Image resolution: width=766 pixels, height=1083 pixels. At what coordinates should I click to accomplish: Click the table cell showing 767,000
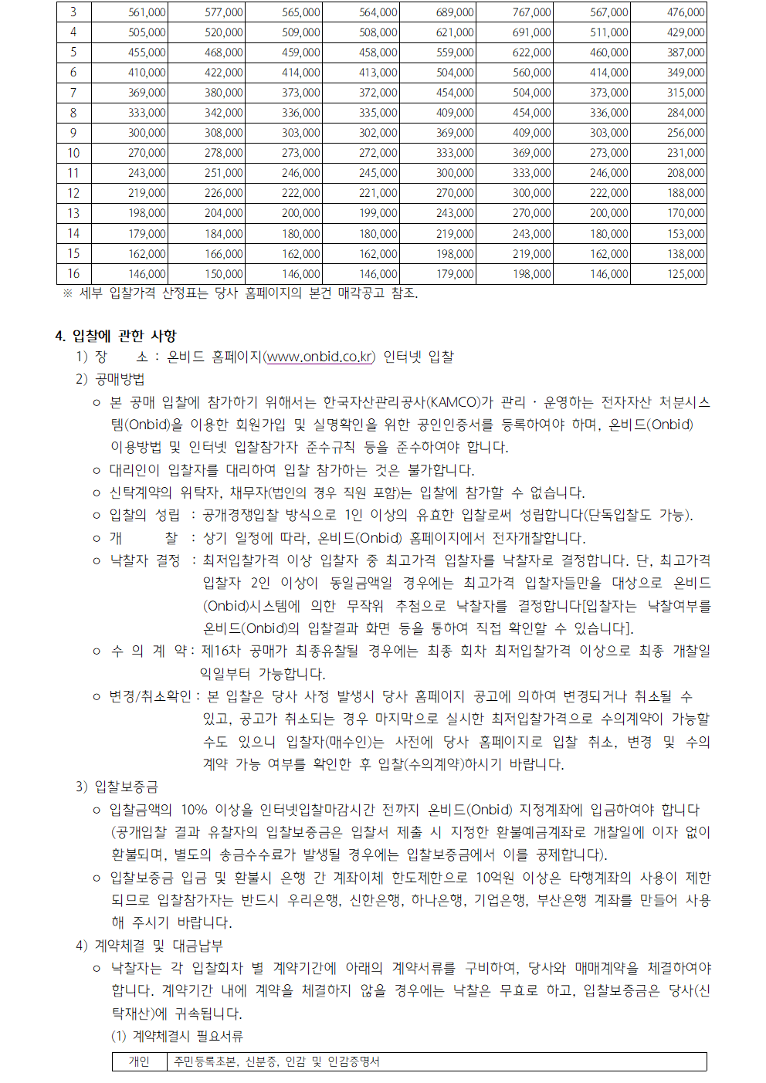tap(531, 12)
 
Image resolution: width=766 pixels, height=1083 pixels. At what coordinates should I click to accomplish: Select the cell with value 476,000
tap(686, 12)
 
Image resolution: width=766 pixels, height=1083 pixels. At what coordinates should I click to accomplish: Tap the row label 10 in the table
tap(73, 153)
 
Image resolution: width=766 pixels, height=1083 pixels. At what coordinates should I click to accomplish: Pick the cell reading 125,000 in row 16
tap(686, 274)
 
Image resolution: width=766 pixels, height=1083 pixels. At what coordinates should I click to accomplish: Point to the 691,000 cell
tap(531, 32)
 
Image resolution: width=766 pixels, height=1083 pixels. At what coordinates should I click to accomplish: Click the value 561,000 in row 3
tap(147, 12)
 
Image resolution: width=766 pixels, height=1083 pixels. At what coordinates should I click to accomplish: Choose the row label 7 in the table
tap(73, 93)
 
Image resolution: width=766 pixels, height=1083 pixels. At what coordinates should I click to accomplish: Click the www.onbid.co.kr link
tap(320, 357)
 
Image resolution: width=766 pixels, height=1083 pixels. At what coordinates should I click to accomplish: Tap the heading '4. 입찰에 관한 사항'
tap(116, 336)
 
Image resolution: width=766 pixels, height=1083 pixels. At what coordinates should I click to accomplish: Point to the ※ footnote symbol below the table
tap(68, 293)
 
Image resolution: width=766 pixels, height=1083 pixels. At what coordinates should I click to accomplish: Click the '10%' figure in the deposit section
tap(194, 810)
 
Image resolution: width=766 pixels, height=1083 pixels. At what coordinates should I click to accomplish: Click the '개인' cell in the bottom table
tap(139, 1061)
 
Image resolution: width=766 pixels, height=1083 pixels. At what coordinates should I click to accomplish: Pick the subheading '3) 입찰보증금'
tap(117, 787)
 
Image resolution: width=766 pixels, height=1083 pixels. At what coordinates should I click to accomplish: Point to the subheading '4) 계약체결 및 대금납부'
tap(149, 946)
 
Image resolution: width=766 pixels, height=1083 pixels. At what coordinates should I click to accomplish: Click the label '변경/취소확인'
tap(150, 696)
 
